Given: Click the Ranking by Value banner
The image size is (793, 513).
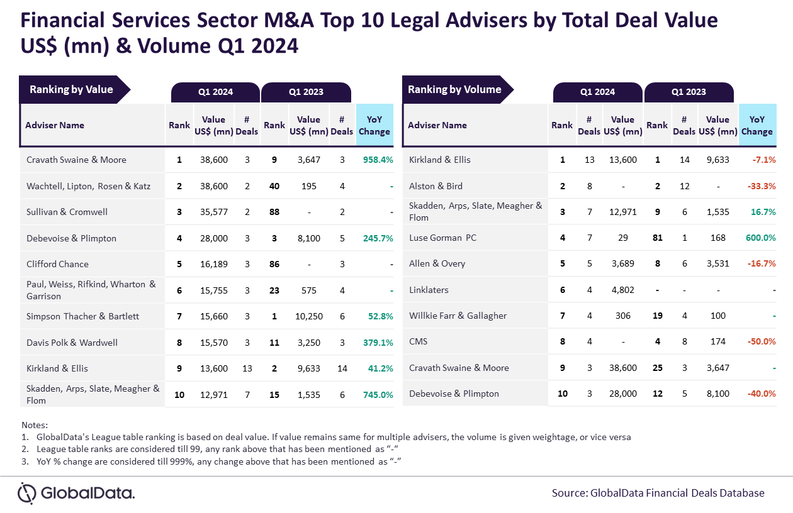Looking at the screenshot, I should click(x=71, y=89).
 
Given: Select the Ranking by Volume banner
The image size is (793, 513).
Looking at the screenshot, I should click(x=454, y=89).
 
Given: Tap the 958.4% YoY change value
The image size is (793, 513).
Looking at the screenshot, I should click(x=378, y=160).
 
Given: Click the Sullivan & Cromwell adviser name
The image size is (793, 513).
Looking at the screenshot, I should click(x=67, y=212).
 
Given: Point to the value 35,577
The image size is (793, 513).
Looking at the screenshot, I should click(x=214, y=212).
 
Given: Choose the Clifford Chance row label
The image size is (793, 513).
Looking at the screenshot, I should click(x=57, y=264).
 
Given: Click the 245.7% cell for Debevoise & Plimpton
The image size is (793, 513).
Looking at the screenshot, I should click(x=378, y=238).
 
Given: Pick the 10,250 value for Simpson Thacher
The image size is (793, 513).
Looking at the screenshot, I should click(x=309, y=316).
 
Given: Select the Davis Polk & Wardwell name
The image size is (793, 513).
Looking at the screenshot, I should click(x=72, y=343).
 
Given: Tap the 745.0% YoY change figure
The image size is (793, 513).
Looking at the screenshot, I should click(x=378, y=395).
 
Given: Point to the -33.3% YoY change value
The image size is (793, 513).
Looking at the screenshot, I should click(x=760, y=186).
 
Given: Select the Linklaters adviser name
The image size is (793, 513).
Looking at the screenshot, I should click(x=429, y=290).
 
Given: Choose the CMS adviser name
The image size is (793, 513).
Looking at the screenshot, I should click(x=419, y=341).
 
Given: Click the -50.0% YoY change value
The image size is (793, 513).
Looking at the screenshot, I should click(x=760, y=341).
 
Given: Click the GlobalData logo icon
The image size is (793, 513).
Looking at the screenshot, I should click(x=27, y=493).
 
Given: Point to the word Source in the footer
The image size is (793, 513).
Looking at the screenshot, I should click(x=568, y=493).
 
